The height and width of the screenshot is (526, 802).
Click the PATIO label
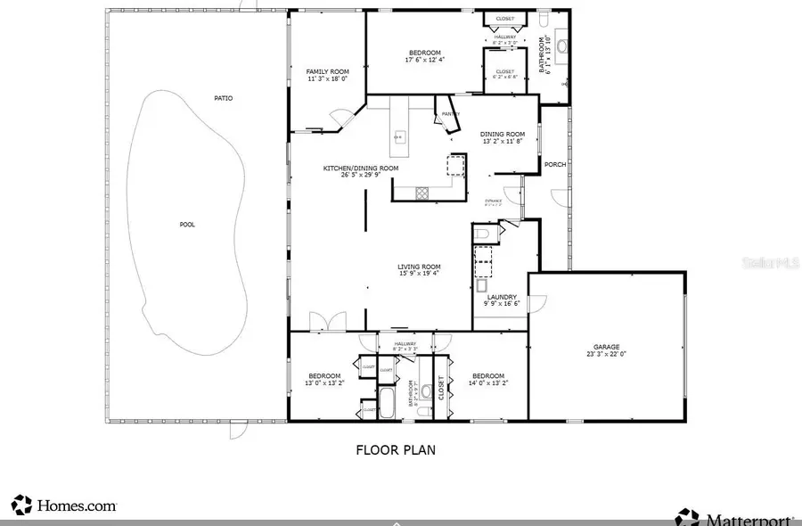point(223,98)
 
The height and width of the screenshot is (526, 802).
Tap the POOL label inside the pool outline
point(187,225)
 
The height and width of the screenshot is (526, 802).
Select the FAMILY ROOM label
point(327,71)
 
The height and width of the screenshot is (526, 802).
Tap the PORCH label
point(555,164)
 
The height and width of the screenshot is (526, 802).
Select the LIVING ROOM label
point(419,267)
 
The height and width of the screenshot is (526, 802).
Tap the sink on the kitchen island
point(398,136)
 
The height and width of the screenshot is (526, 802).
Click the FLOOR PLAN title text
point(396,450)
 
